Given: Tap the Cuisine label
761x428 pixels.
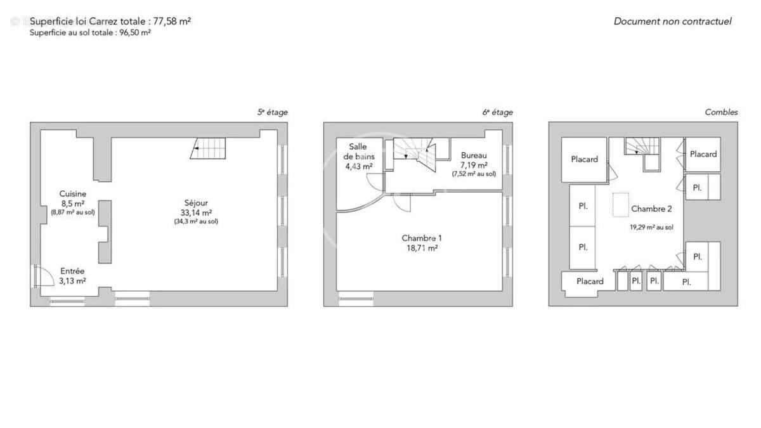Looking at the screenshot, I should coord(73,194).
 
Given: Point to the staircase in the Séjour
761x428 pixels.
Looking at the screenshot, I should coord(208,150).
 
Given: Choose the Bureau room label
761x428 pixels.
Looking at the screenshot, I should coord(474,155).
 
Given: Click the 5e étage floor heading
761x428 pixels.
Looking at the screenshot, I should coord(272,112).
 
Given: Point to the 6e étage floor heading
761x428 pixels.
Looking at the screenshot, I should coord(498,112).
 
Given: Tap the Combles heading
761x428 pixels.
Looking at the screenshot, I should coord(721,112).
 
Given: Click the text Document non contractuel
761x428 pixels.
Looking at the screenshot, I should coord(672,22).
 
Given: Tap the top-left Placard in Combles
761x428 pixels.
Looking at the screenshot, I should coord(584,159).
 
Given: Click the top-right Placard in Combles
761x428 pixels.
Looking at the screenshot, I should coord(703,154).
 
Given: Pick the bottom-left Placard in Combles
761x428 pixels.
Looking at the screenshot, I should coord(589,281).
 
